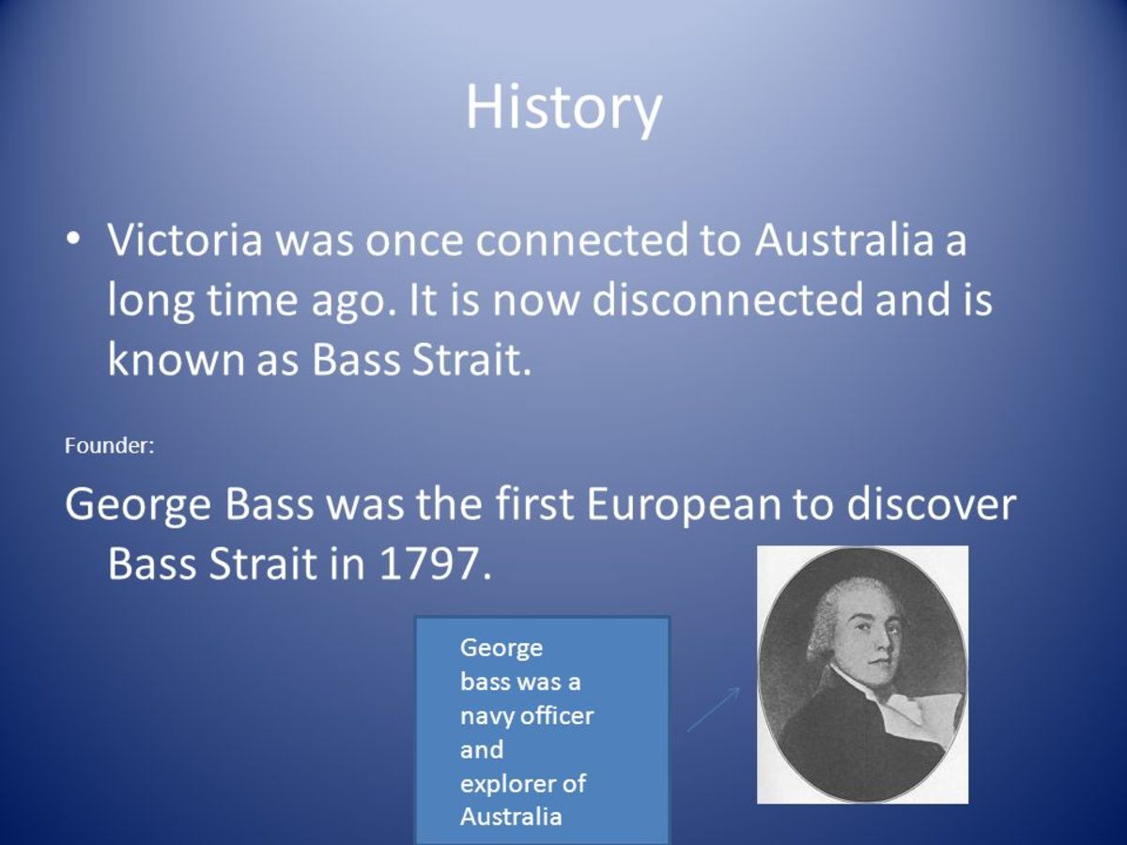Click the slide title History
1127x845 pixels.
563,107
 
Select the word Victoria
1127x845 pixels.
185,241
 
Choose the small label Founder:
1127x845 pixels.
109,446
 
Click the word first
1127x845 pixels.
534,506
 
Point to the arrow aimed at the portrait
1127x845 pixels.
713,710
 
